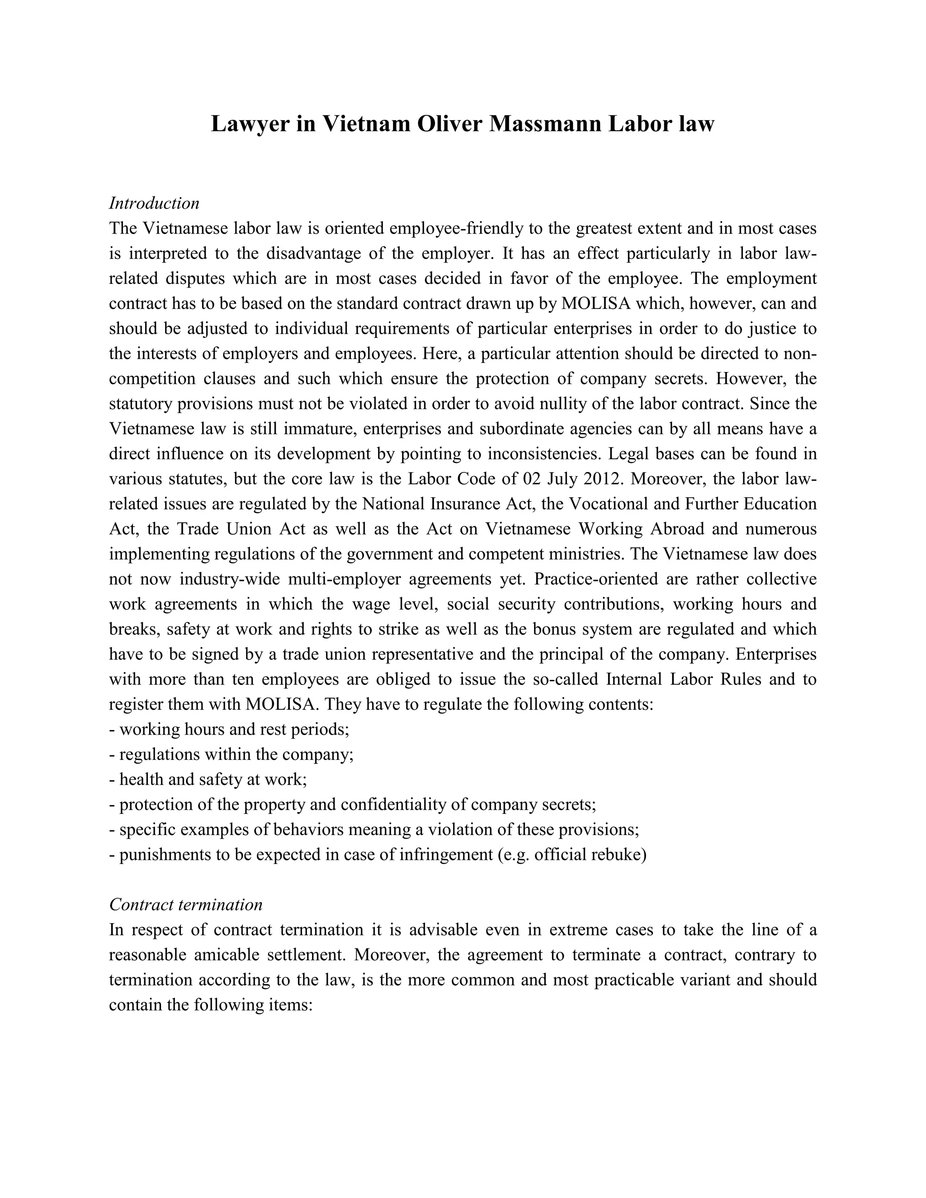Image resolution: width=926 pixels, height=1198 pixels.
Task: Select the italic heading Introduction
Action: click(x=154, y=203)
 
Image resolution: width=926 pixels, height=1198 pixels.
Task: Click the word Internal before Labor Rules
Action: click(x=635, y=679)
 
